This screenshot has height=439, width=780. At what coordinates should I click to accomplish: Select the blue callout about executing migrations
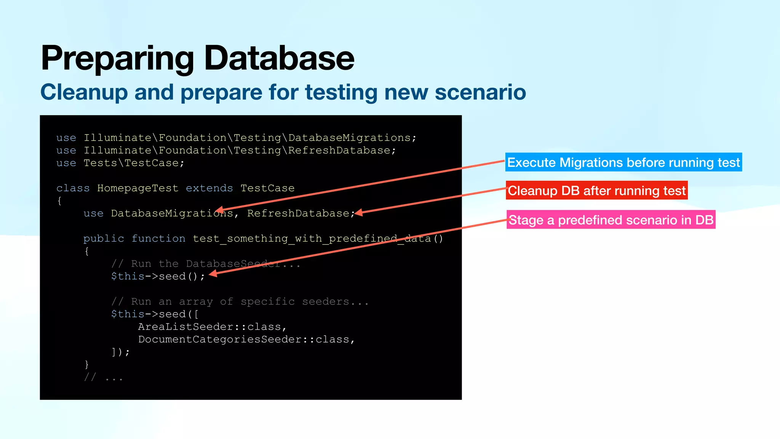pos(623,162)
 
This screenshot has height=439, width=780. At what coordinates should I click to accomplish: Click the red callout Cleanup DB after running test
pos(596,191)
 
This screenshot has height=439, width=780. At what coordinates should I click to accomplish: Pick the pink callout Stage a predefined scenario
pos(611,220)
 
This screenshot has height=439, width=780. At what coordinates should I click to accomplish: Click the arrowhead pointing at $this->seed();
pos(213,273)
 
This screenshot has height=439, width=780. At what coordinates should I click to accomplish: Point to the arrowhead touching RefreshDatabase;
pos(358,213)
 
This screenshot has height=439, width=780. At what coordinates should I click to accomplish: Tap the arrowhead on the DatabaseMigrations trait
pos(219,210)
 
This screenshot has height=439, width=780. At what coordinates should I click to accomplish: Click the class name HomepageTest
pos(137,188)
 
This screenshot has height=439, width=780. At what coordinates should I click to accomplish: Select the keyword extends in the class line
pos(209,188)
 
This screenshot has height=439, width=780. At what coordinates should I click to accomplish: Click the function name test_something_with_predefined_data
pos(318,239)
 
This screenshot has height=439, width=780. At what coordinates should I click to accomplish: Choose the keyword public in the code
pos(104,239)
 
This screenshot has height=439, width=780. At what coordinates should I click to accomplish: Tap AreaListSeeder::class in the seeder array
pos(212,327)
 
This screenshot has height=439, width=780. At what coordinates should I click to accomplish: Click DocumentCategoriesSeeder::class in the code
pos(246,340)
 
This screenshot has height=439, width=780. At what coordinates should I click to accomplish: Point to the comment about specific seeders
pos(240,302)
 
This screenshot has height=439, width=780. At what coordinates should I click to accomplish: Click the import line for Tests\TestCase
pos(120,163)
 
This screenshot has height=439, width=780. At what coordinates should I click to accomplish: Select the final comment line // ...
pos(103,377)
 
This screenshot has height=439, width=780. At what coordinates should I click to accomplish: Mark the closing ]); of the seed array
pos(120,352)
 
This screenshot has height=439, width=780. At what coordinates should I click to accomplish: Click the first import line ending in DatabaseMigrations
pos(236,138)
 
